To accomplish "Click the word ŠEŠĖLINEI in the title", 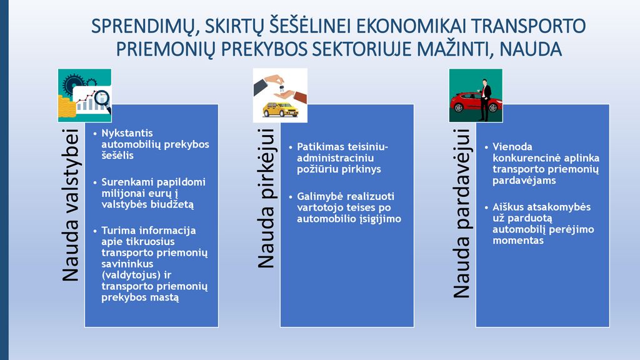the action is [x=309, y=26].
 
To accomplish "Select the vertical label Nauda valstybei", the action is [x=70, y=205].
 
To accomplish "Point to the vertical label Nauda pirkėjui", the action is [x=266, y=198].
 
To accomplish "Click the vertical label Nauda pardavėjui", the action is [x=462, y=213].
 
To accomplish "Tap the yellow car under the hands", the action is [x=280, y=110].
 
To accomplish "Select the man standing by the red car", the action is [x=484, y=100].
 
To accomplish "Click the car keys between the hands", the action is [x=281, y=87].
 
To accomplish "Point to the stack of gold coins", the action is [x=66, y=106].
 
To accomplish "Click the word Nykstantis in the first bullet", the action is [x=127, y=133].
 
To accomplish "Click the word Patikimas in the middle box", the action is [x=321, y=146].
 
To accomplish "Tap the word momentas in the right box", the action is [x=518, y=241].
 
